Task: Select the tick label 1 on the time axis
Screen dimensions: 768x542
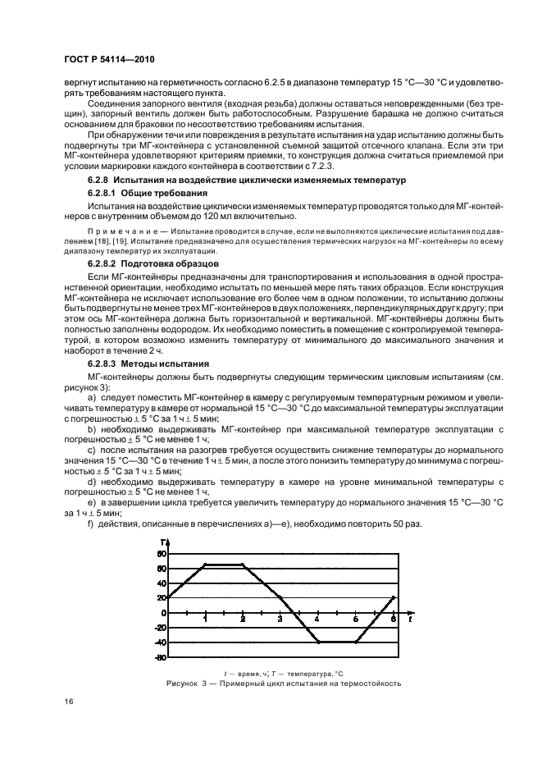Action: click(205, 619)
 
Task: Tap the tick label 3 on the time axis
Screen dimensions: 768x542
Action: click(280, 619)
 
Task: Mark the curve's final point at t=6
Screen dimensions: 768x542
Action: click(393, 597)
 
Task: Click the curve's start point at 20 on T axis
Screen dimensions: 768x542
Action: click(168, 597)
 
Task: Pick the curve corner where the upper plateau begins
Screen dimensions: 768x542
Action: click(205, 565)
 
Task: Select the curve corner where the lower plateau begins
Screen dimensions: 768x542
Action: click(317, 642)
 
